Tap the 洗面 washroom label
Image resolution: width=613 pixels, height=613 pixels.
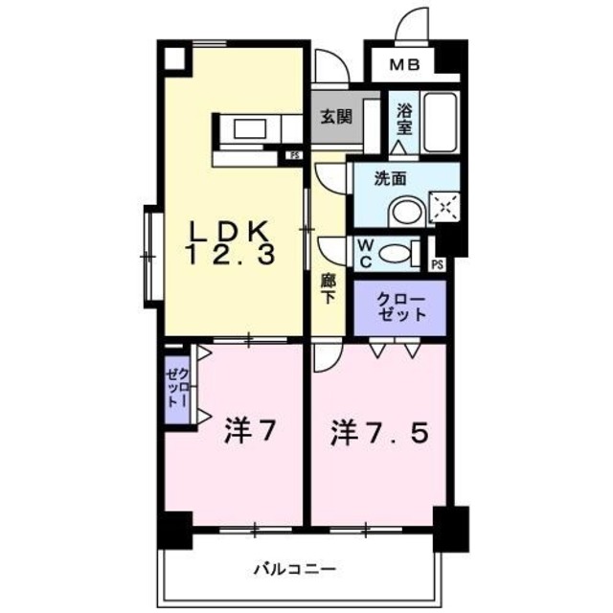[x=391, y=177]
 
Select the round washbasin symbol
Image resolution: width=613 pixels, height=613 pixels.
[x=410, y=210]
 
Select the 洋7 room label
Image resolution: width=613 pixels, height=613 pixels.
[x=251, y=433]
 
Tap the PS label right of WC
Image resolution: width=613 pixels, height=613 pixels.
[x=438, y=264]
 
